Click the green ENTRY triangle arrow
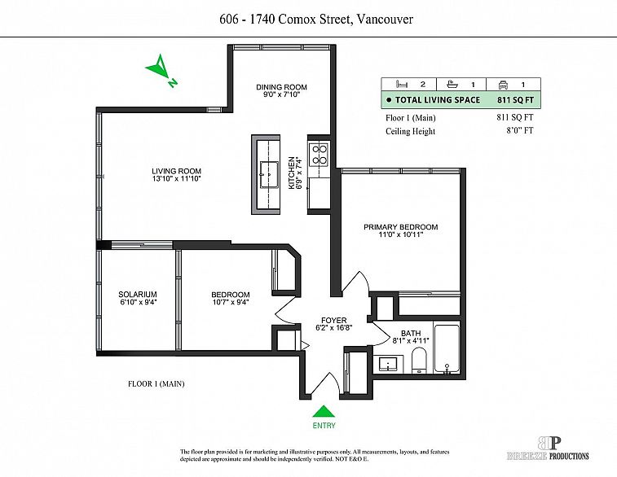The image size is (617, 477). (324, 411)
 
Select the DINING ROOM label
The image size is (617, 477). (281, 87)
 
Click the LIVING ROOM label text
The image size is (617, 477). (176, 171)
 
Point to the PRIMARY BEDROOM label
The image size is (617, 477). (400, 227)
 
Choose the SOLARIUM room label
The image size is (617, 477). (138, 295)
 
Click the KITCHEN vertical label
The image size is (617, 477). (292, 173)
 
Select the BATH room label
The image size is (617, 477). (411, 333)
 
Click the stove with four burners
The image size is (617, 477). (319, 154)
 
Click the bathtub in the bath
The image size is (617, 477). (447, 349)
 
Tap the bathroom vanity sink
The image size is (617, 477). (390, 364)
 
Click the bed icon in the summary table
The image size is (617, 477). (402, 84)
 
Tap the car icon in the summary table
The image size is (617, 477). (503, 84)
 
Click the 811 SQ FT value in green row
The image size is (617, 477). (515, 100)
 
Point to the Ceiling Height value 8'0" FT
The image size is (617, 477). (520, 130)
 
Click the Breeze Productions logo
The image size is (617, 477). (549, 449)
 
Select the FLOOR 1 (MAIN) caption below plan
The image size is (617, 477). (156, 384)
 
